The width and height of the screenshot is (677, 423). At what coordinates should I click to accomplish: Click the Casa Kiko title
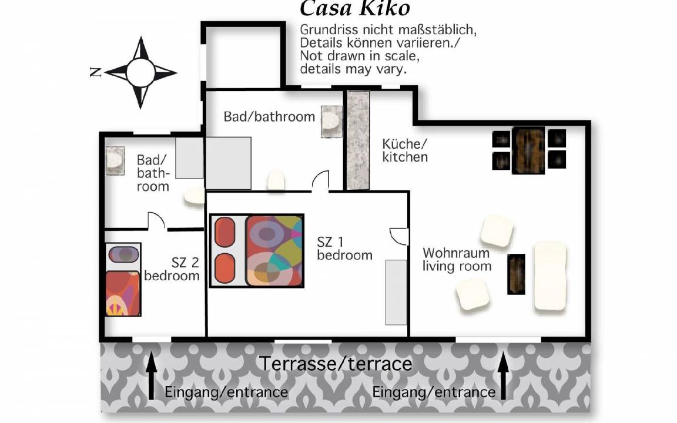pos(354,8)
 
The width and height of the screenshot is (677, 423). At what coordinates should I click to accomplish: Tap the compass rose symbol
pos(141,72)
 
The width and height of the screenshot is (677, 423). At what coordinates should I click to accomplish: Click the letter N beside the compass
pos(95,72)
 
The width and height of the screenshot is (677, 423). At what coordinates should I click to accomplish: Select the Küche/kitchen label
pos(405,150)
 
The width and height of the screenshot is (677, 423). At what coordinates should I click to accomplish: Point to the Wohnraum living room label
pos(457,260)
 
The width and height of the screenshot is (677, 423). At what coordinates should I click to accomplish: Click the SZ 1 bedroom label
pos(344,248)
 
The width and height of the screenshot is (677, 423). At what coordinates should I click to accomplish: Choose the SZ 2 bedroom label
pos(172,269)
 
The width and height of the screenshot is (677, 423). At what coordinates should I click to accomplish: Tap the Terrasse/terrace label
pos(336,364)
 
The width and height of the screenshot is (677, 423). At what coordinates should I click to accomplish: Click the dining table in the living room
pos(528,150)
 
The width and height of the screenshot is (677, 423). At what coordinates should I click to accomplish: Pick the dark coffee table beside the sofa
pos(517,274)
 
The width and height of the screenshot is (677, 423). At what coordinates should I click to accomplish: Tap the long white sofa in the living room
pos(550,276)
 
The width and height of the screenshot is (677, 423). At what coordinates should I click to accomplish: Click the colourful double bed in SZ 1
pos(257,251)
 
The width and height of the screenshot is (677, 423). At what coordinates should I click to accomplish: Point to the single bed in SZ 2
pos(123,279)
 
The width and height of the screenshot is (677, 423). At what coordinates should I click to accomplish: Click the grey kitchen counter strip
pos(358,140)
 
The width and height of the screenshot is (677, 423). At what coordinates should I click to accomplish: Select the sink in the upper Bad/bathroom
pos(331,122)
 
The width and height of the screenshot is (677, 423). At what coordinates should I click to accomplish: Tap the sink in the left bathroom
pos(115,160)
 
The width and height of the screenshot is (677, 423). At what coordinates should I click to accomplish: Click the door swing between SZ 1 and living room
pos(400,237)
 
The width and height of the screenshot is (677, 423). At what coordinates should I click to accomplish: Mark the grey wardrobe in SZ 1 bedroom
pos(396,292)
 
